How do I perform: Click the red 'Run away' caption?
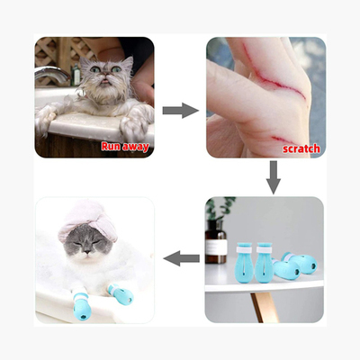125,147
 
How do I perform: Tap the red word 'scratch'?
301,148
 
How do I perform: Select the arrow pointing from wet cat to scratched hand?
181,111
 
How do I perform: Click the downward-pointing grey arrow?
274,177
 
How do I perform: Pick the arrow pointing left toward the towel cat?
182,258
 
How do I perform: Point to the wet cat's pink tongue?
104,81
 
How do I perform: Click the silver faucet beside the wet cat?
51,75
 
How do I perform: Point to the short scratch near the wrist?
280,139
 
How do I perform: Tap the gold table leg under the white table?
261,307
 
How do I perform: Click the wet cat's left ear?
85,64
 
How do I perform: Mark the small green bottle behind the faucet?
76,76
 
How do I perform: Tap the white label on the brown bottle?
216,247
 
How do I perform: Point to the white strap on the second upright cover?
265,249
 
